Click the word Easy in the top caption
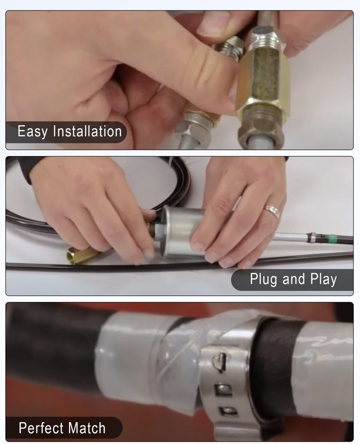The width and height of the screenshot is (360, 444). coord(32,132)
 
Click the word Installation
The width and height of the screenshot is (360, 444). coord(87,131)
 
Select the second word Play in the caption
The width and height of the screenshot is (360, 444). coord(324,279)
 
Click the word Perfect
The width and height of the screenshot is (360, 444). coord(41,428)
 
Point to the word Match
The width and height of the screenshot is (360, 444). coord(87,428)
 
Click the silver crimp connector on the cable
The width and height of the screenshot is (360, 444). coord(311,238)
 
